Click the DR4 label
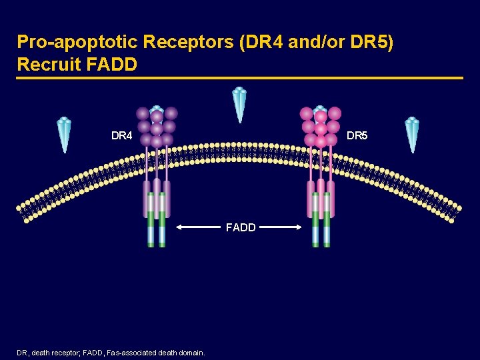point(122,136)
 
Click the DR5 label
point(357,136)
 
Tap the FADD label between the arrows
point(241,227)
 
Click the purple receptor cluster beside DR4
point(157,127)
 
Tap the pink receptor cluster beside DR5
point(321,127)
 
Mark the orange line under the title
point(240,78)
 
